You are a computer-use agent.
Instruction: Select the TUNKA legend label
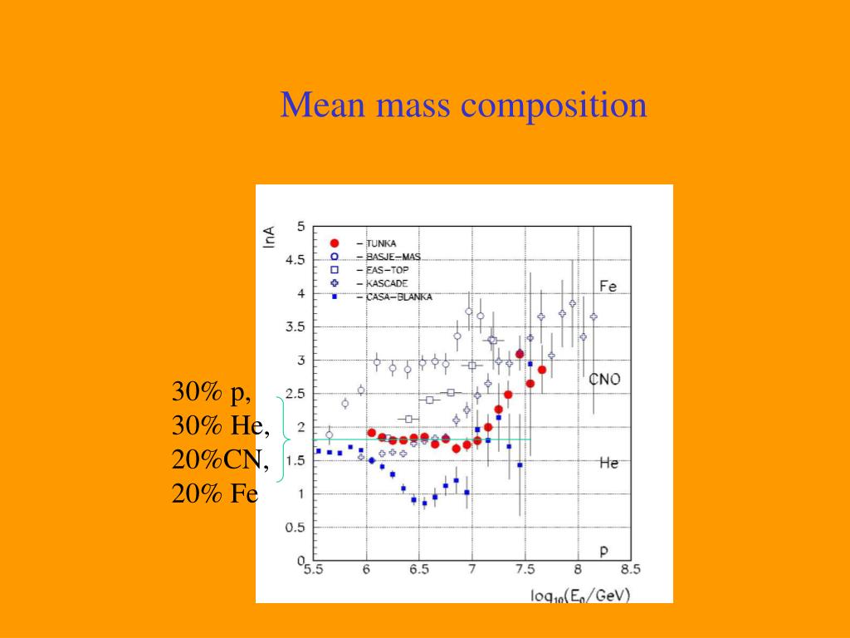click(x=382, y=243)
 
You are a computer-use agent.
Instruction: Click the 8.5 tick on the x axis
click(x=630, y=570)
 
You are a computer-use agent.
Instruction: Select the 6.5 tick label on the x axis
click(x=419, y=570)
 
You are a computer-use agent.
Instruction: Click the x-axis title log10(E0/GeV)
click(x=580, y=595)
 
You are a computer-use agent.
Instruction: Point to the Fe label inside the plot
click(x=608, y=287)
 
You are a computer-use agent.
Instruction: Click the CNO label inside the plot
click(x=604, y=380)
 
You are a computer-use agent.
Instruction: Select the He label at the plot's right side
click(x=608, y=463)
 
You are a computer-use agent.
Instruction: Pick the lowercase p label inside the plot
click(x=604, y=551)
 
